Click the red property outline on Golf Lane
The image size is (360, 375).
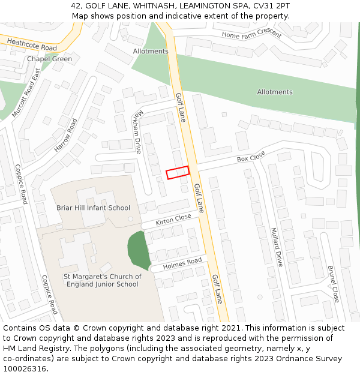tap(178, 172)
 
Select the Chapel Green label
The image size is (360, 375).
tap(49, 59)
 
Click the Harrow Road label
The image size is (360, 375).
tap(66, 135)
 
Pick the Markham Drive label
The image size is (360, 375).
tap(139, 131)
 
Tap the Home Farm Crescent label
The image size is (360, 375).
tap(251, 34)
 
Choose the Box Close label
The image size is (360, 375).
tap(251, 157)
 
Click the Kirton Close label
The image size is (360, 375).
tap(173, 220)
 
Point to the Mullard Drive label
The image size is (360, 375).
tap(276, 247)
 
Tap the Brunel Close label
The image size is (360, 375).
tap(334, 283)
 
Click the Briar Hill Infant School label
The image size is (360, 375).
tap(93, 208)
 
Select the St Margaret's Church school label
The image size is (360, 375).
tap(103, 280)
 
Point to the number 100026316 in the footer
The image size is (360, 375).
tap(25, 369)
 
